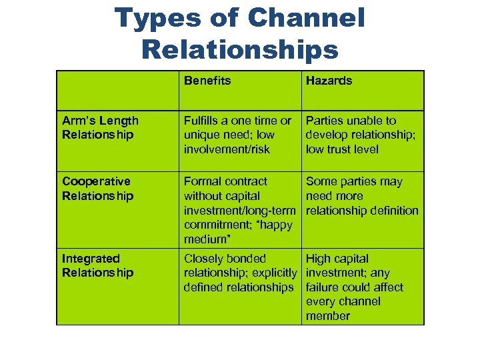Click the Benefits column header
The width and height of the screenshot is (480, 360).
(x=207, y=81)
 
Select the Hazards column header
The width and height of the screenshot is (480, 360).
(x=329, y=81)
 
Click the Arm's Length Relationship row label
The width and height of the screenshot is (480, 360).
(x=100, y=127)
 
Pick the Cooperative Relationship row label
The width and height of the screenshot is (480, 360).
(x=97, y=188)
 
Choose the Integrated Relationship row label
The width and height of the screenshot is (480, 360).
(x=97, y=265)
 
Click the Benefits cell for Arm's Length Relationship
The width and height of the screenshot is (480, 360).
(x=238, y=135)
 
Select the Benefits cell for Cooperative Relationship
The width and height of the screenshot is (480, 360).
(x=238, y=210)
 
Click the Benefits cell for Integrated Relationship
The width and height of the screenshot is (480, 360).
(x=239, y=273)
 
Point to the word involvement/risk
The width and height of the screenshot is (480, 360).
(x=227, y=149)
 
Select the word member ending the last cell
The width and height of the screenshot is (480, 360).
(x=327, y=316)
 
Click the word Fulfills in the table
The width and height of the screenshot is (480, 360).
(x=203, y=121)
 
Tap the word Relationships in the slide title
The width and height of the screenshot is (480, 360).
(x=240, y=49)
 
